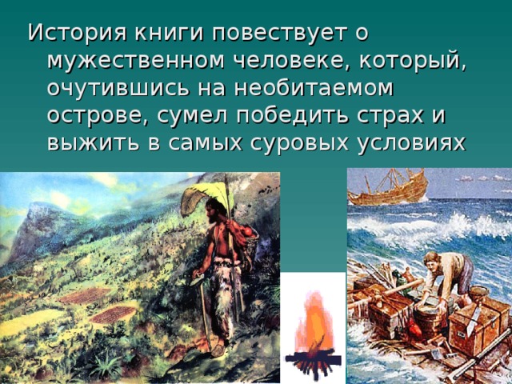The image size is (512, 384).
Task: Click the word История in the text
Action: (x=77, y=33)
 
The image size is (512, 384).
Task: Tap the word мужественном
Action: (x=135, y=61)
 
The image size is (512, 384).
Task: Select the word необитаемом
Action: (x=314, y=89)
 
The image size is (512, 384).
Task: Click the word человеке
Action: (x=293, y=61)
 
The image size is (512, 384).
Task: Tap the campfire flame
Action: (x=313, y=323)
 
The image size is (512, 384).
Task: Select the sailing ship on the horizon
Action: (x=388, y=187)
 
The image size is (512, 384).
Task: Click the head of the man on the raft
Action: (x=432, y=261)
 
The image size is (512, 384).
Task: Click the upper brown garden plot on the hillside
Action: (x=86, y=296)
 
